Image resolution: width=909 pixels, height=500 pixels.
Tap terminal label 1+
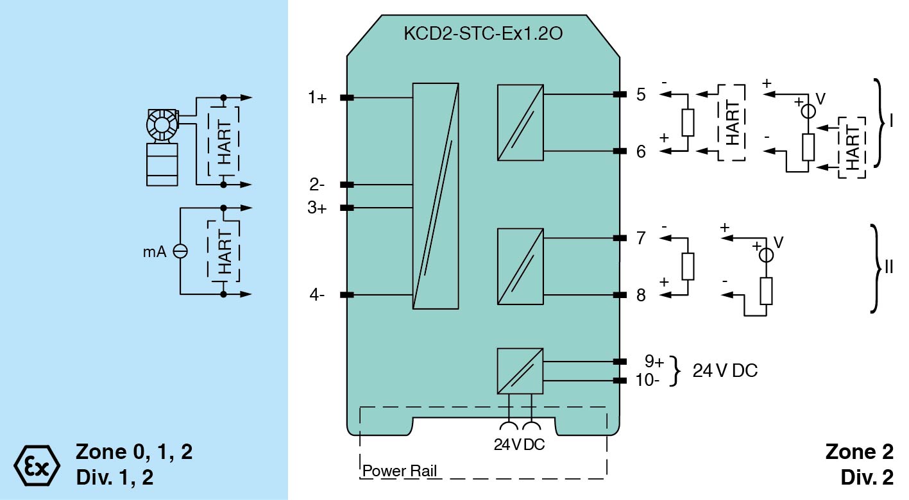click(x=317, y=98)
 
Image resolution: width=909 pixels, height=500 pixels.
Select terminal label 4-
click(x=317, y=295)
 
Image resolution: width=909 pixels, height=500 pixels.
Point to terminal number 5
click(x=641, y=94)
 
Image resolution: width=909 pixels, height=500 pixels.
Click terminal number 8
click(x=641, y=295)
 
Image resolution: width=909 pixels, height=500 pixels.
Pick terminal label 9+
click(x=654, y=362)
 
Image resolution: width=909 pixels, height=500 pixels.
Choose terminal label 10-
click(x=649, y=379)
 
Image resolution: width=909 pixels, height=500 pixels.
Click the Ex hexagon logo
click(x=37, y=464)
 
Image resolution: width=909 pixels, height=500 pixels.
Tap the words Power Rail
click(x=400, y=472)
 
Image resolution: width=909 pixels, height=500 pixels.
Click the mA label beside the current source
click(x=155, y=252)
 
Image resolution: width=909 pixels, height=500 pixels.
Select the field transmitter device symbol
click(x=162, y=147)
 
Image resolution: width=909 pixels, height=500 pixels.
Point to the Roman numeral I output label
click(x=890, y=122)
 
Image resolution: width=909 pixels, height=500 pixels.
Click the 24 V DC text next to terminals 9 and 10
click(x=725, y=371)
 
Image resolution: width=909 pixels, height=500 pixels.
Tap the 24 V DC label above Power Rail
click(x=519, y=444)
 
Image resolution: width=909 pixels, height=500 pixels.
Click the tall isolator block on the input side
click(x=436, y=196)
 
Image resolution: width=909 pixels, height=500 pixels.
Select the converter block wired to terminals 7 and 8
click(x=520, y=267)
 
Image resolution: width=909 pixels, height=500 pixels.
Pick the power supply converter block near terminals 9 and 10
click(x=520, y=371)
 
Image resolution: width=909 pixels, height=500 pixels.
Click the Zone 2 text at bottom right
click(x=859, y=452)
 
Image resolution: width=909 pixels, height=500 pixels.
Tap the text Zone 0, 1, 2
click(x=134, y=452)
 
